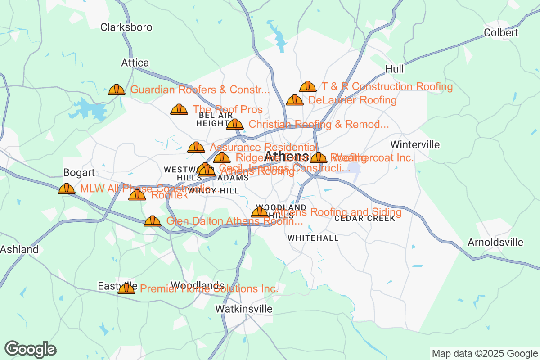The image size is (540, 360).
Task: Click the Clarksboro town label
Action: coord(126,27)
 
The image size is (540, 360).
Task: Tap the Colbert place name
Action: coord(501,33)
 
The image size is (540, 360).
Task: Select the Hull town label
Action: coord(395,69)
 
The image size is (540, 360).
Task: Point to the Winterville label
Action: coord(415,144)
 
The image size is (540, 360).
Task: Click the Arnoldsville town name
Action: coord(495,242)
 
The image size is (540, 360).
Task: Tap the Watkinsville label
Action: coord(243,309)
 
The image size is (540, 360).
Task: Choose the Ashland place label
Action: coord(19,249)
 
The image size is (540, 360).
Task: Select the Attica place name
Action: coord(135,63)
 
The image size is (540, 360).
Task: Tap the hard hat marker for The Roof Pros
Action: coord(179,109)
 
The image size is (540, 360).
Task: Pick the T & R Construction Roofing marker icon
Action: coord(308,86)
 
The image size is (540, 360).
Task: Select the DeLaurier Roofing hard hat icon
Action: coord(295,100)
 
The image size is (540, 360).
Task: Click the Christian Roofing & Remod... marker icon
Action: coord(235,124)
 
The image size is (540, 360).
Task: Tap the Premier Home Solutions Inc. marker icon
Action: coord(126,288)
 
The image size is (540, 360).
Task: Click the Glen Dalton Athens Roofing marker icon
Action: coord(153,221)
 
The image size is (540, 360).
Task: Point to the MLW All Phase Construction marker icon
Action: coord(67,189)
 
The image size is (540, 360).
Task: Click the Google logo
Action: coord(31,349)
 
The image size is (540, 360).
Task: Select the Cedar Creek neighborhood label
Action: coord(364,218)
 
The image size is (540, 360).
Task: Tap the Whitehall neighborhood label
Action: coord(313,238)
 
